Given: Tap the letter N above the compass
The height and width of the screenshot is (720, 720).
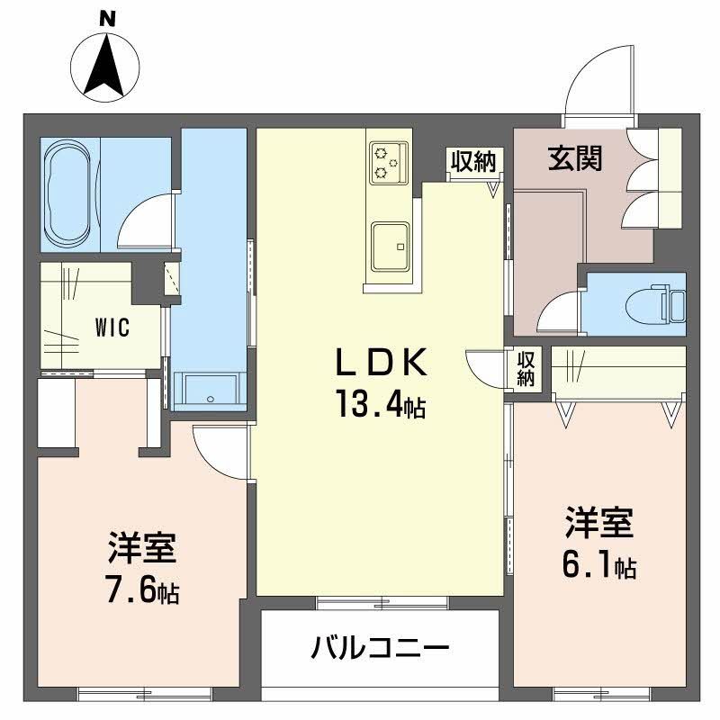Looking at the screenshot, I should [106, 16].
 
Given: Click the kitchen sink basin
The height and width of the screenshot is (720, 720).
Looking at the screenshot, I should [389, 244].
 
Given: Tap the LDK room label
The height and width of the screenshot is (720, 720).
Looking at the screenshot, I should [379, 364].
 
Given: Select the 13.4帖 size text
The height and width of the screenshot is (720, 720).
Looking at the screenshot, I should [379, 406].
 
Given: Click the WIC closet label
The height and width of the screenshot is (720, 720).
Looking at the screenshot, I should [112, 327].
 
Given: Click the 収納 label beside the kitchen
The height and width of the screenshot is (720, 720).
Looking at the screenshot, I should [473, 162].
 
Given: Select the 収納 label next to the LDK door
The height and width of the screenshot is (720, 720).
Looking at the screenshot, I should [526, 368].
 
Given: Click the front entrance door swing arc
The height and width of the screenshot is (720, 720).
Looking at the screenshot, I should [596, 84].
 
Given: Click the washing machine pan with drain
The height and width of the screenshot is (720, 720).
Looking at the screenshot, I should [211, 390].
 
